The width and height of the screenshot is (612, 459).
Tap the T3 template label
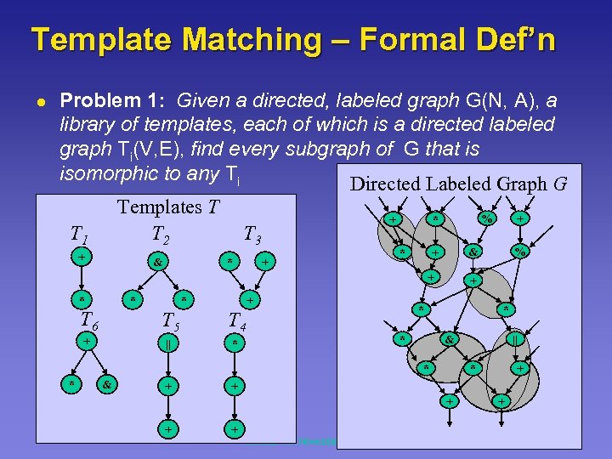253,235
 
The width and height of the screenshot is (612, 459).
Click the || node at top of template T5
170,343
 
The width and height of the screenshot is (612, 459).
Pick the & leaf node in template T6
107,384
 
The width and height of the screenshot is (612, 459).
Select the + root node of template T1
81,256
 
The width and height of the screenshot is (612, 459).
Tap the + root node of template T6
87,340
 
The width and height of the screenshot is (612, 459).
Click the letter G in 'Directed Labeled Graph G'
559,184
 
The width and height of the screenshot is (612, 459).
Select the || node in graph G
514,338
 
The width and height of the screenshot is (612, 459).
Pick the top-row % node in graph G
486,218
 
